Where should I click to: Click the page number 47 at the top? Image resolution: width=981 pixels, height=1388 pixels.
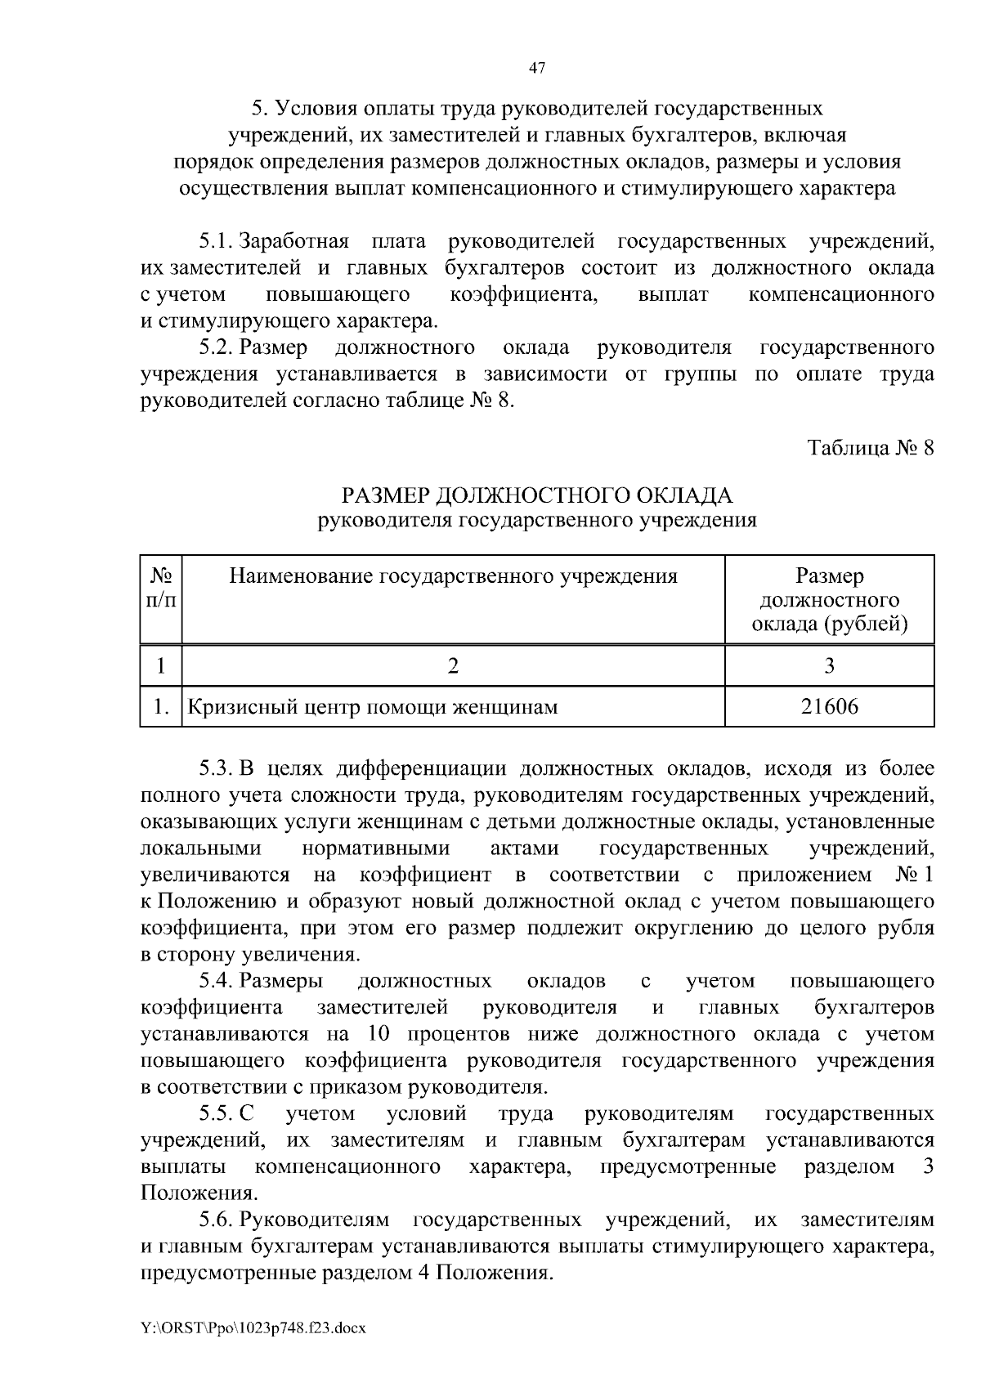coord(536,69)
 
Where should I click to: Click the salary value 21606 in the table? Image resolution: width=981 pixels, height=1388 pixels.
coord(829,706)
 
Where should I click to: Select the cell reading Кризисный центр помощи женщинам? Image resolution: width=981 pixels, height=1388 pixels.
coord(373,706)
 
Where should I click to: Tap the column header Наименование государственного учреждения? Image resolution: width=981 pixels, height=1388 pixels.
coord(453,577)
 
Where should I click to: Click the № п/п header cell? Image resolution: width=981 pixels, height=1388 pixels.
coord(160,589)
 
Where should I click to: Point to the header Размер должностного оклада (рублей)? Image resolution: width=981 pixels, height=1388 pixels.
coord(829,600)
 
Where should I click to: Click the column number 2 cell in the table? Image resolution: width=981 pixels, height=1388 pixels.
coord(453,665)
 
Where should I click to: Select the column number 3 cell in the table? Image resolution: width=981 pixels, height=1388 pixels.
coord(829,665)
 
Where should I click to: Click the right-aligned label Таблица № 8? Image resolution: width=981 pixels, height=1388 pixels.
coord(871,448)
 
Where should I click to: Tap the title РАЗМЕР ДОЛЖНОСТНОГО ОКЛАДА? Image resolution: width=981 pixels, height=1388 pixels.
coord(536,495)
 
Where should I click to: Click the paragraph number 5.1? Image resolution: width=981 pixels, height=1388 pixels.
coord(217,242)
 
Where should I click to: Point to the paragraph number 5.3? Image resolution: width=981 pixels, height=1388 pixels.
coord(217,768)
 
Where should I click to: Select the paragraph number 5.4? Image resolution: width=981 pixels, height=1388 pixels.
coord(217,980)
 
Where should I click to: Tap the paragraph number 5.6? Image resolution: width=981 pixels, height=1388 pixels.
coord(217,1220)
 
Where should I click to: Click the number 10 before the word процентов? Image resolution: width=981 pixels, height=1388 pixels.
coord(378,1033)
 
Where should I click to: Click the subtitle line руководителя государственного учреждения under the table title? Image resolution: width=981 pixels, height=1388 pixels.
coord(536,520)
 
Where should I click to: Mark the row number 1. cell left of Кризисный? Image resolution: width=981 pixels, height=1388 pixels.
coord(160,706)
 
